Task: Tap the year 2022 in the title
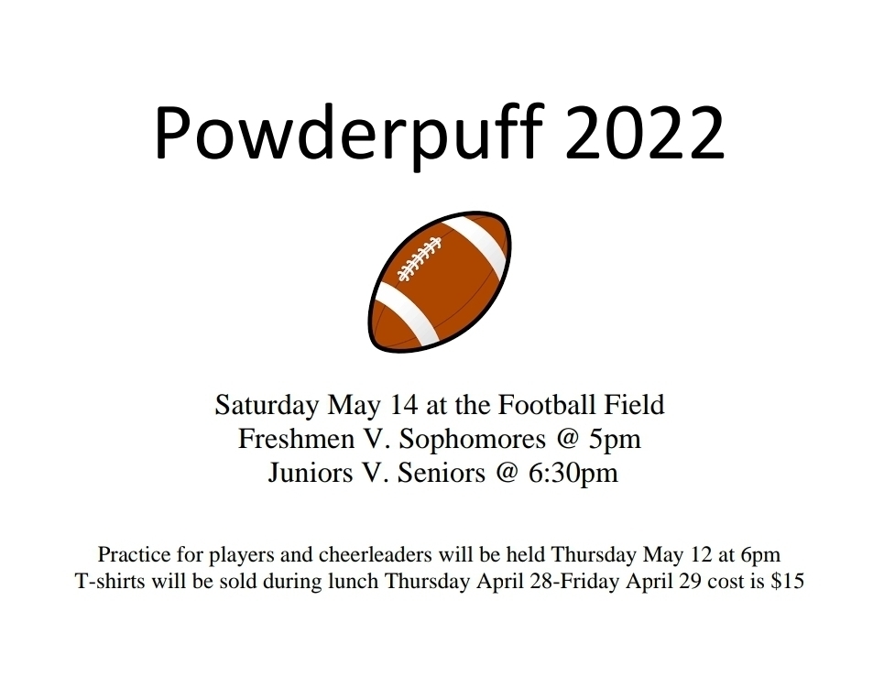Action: click(644, 132)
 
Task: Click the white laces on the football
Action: click(420, 259)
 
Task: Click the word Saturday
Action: click(267, 406)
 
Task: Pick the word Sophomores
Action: click(473, 440)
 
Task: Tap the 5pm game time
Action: click(615, 440)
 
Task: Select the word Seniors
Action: click(442, 473)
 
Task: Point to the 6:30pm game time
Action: click(573, 473)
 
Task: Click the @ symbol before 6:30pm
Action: click(507, 473)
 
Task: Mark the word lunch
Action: click(353, 581)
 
